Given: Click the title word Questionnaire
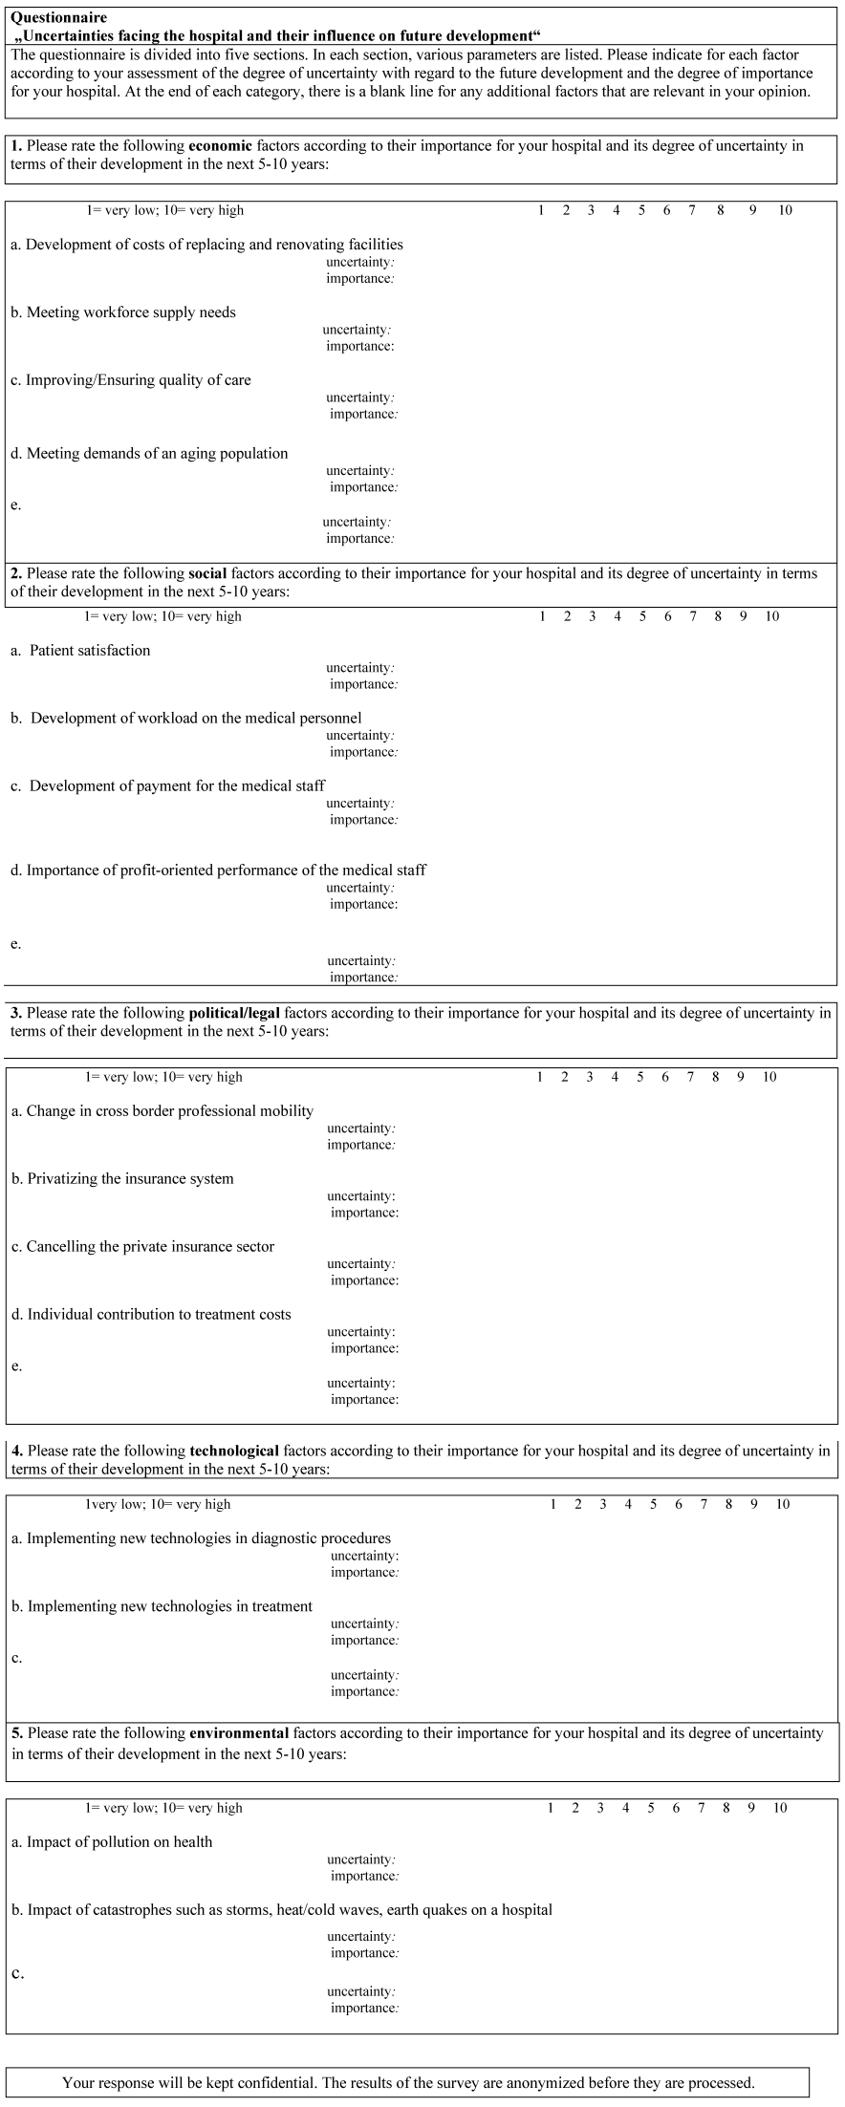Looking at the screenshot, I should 58,18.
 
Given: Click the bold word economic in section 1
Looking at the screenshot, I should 220,146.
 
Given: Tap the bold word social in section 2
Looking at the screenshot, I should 207,573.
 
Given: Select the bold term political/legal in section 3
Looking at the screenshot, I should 234,1013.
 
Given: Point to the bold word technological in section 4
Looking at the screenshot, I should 234,1451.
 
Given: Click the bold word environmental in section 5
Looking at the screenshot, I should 239,1732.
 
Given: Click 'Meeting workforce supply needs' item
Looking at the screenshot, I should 130,312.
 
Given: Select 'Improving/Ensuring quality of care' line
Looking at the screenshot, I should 138,380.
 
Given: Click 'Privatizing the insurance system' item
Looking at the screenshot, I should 130,1179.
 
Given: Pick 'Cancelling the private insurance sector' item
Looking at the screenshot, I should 150,1247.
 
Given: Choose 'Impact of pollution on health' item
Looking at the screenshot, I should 119,1842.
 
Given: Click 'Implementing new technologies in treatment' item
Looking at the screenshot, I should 169,1606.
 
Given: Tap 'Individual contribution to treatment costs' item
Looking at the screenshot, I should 159,1315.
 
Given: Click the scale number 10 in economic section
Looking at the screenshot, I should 785,210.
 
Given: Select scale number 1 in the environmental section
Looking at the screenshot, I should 551,1808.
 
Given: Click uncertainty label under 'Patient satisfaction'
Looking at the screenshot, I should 359,668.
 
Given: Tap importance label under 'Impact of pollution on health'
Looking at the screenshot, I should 364,1876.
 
